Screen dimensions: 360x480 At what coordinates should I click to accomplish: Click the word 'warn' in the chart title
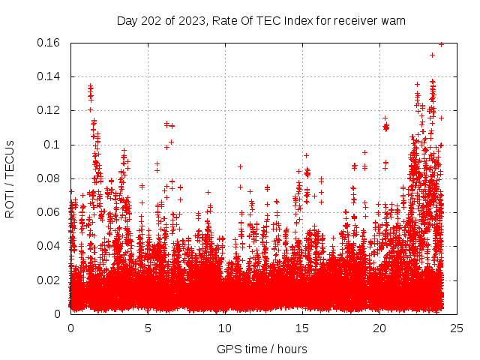coord(392,20)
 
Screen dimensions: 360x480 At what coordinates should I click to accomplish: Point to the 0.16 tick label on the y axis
coord(49,43)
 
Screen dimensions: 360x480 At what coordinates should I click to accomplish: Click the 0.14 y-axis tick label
coord(49,76)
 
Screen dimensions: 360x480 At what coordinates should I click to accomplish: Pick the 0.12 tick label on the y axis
coord(49,110)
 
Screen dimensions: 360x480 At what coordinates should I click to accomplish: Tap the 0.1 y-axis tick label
coord(53,145)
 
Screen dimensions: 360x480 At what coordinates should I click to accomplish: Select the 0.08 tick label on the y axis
coord(49,178)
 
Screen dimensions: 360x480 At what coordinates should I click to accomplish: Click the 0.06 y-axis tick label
coord(49,212)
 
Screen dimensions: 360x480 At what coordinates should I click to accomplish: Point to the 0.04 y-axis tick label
coord(49,246)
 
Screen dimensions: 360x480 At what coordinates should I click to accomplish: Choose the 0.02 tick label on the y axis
coord(49,280)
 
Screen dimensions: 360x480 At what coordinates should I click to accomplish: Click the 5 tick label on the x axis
coord(148,328)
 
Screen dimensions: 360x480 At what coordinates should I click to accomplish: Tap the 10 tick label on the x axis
coord(225,328)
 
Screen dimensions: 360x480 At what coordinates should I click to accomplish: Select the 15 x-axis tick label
coord(302,328)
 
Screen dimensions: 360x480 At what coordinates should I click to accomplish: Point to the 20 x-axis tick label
coord(379,328)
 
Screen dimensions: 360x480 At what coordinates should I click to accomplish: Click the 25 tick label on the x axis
coord(457,328)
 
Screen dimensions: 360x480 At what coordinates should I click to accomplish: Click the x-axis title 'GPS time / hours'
coord(262,349)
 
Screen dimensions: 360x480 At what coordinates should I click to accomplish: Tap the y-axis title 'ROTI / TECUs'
coord(10,178)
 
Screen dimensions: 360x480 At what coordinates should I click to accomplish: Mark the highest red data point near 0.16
coord(441,44)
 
